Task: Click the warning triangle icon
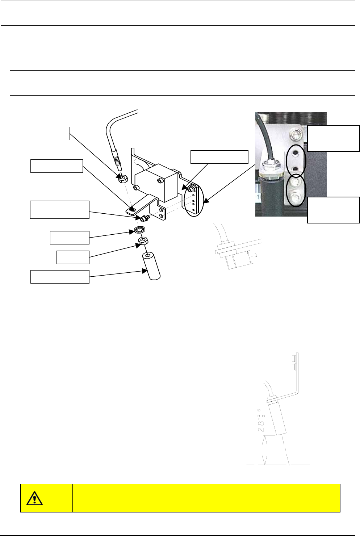[34, 498]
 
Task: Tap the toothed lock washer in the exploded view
[139, 229]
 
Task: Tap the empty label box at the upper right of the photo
[333, 138]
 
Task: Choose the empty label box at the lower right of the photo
[333, 210]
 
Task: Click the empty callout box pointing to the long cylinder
[60, 277]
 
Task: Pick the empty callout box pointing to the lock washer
[70, 238]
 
